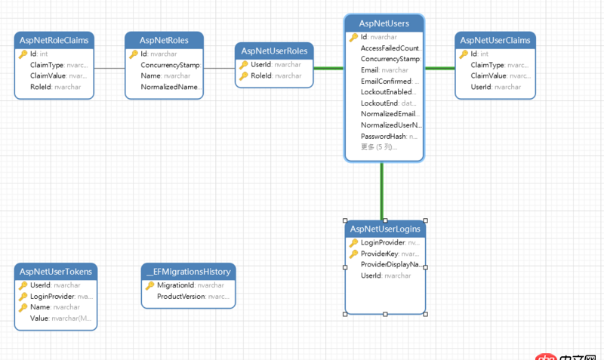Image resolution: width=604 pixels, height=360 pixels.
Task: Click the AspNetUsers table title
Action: (x=384, y=23)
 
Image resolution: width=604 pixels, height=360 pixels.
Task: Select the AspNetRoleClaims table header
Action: (x=54, y=40)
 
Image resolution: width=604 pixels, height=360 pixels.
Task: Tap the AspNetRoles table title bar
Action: (x=164, y=40)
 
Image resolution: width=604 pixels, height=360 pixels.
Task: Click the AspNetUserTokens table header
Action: (x=57, y=271)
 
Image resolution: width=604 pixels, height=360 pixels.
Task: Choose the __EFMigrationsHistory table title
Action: (x=189, y=271)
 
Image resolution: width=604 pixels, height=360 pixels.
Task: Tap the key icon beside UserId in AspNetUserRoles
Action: (x=243, y=65)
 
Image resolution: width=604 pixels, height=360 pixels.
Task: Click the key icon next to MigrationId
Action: (x=149, y=285)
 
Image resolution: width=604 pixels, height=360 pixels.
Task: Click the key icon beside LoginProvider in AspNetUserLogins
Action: (x=353, y=243)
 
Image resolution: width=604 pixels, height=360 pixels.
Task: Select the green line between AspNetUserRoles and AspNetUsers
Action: (x=328, y=69)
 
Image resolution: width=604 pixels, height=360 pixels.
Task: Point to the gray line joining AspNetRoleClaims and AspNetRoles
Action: (x=109, y=69)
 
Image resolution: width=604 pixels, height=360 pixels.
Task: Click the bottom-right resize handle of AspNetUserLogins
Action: (x=426, y=314)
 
